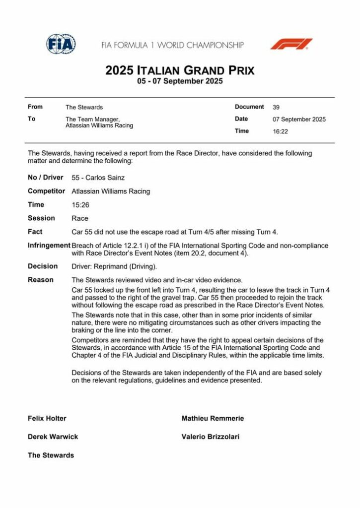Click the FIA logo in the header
pyautogui.click(x=61, y=44)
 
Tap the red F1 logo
pyautogui.click(x=291, y=44)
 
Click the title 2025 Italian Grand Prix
pyautogui.click(x=180, y=70)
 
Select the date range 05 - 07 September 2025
pyautogui.click(x=180, y=81)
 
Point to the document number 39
pyautogui.click(x=276, y=107)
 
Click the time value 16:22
pyautogui.click(x=280, y=131)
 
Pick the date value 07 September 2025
pyautogui.click(x=299, y=119)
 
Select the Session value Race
pyautogui.click(x=80, y=218)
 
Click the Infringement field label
pyautogui.click(x=49, y=245)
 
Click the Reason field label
pyautogui.click(x=41, y=280)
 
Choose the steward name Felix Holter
pyautogui.click(x=47, y=418)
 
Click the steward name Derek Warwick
pyautogui.click(x=53, y=437)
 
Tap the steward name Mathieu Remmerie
pyautogui.click(x=213, y=418)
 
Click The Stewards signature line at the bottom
pyautogui.click(x=51, y=455)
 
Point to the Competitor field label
pyautogui.click(x=46, y=191)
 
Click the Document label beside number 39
pyautogui.click(x=249, y=107)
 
